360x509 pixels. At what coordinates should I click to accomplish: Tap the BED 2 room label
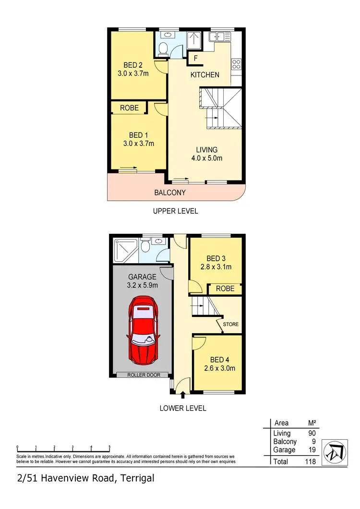133,65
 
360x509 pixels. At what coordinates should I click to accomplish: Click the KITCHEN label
205,74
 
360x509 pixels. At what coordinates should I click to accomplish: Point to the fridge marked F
195,59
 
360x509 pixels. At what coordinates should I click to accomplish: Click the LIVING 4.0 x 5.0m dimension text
206,158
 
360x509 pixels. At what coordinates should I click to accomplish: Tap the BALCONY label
169,193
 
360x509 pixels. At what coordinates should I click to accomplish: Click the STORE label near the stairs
231,325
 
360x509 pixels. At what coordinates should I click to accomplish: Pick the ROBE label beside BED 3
225,289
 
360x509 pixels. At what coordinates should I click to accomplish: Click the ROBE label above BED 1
129,108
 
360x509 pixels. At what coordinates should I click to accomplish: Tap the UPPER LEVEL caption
175,211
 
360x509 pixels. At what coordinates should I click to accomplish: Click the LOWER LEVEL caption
183,408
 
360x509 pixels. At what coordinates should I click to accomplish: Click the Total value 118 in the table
310,461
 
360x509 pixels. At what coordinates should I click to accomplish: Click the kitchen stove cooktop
236,63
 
